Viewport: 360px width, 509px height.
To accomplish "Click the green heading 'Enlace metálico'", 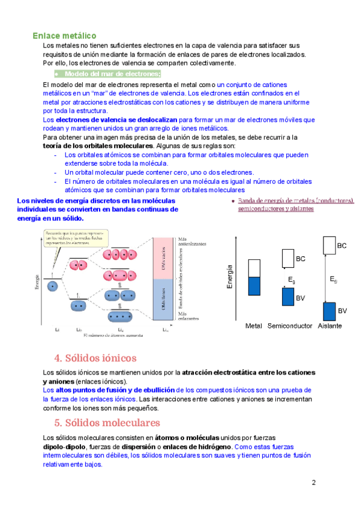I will [x=64, y=36].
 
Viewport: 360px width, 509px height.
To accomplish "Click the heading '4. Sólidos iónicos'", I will [x=95, y=358].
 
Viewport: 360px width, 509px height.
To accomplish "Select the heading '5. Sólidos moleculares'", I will [x=107, y=423].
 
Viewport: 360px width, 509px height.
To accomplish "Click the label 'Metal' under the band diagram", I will [x=254, y=326].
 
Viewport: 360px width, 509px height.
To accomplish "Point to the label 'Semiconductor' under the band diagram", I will [x=290, y=326].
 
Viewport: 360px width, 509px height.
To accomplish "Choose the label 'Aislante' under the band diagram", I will [x=330, y=326].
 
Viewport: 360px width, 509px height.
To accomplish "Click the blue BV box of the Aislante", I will [x=329, y=311].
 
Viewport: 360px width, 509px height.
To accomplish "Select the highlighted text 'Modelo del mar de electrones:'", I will [x=113, y=74].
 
